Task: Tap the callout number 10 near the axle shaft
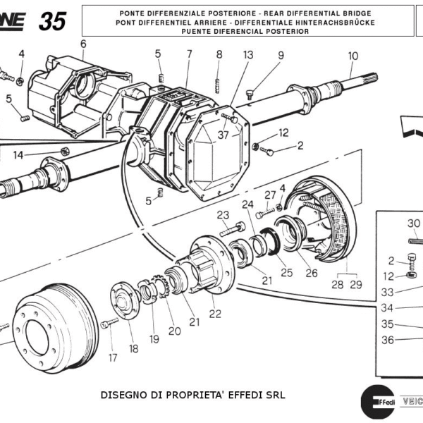coord(352,56)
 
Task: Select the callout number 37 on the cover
coord(223,135)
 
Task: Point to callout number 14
coord(18,154)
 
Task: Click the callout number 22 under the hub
coord(214,314)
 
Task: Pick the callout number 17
coord(112,357)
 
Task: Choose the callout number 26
coord(311,273)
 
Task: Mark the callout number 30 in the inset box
coord(414,223)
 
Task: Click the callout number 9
coord(280,55)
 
